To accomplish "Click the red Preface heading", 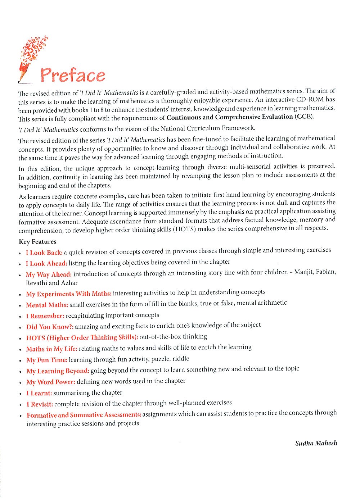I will (x=73, y=75).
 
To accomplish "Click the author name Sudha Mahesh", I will (x=316, y=443).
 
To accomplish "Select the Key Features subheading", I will (x=37, y=242).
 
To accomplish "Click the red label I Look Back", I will (x=44, y=253).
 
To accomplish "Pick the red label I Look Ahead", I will (x=46, y=263).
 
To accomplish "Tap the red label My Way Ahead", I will (x=49, y=274).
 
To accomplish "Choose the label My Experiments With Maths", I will (x=68, y=294).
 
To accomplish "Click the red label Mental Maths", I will (x=47, y=305).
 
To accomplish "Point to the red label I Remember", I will (x=45, y=316).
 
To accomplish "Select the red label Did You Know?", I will (x=50, y=327).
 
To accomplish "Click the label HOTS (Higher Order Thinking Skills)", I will (x=82, y=338).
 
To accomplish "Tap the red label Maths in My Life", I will (x=51, y=349).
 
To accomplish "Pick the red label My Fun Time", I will (x=47, y=360).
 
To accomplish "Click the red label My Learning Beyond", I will (x=58, y=371).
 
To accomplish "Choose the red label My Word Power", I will (x=51, y=382).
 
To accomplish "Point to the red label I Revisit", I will (x=40, y=404).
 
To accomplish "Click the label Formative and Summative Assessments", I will (x=84, y=415).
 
